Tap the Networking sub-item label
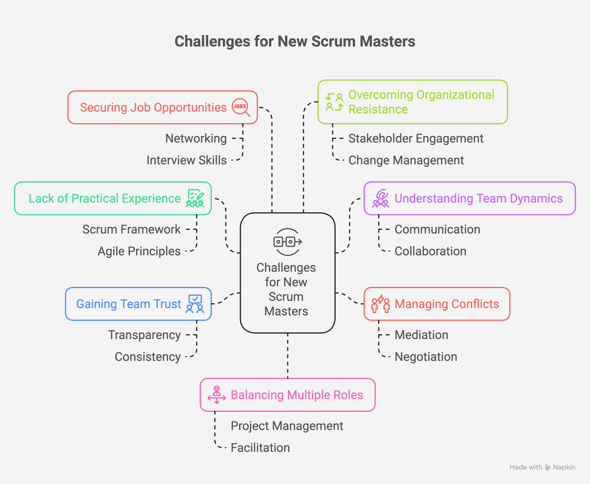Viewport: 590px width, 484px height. tap(196, 138)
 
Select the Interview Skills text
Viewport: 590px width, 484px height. tap(187, 160)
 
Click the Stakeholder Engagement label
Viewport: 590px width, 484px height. tap(416, 138)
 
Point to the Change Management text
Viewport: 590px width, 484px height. tap(406, 160)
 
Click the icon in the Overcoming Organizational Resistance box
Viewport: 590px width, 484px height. tap(334, 102)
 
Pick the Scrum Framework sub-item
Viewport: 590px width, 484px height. tap(131, 229)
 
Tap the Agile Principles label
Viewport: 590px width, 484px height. tap(139, 251)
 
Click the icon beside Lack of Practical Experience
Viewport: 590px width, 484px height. tap(195, 198)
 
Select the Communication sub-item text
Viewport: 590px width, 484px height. tap(437, 229)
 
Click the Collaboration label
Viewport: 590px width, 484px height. tap(430, 251)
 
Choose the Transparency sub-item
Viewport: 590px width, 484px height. tap(144, 335)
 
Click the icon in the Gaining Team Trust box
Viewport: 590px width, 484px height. tap(195, 304)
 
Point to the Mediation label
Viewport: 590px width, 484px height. tap(421, 335)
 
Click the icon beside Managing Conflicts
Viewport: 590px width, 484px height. tap(380, 304)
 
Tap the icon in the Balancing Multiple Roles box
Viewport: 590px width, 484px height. tap(216, 395)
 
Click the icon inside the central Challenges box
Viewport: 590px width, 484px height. tap(287, 242)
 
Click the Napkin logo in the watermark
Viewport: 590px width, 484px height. tap(548, 467)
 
